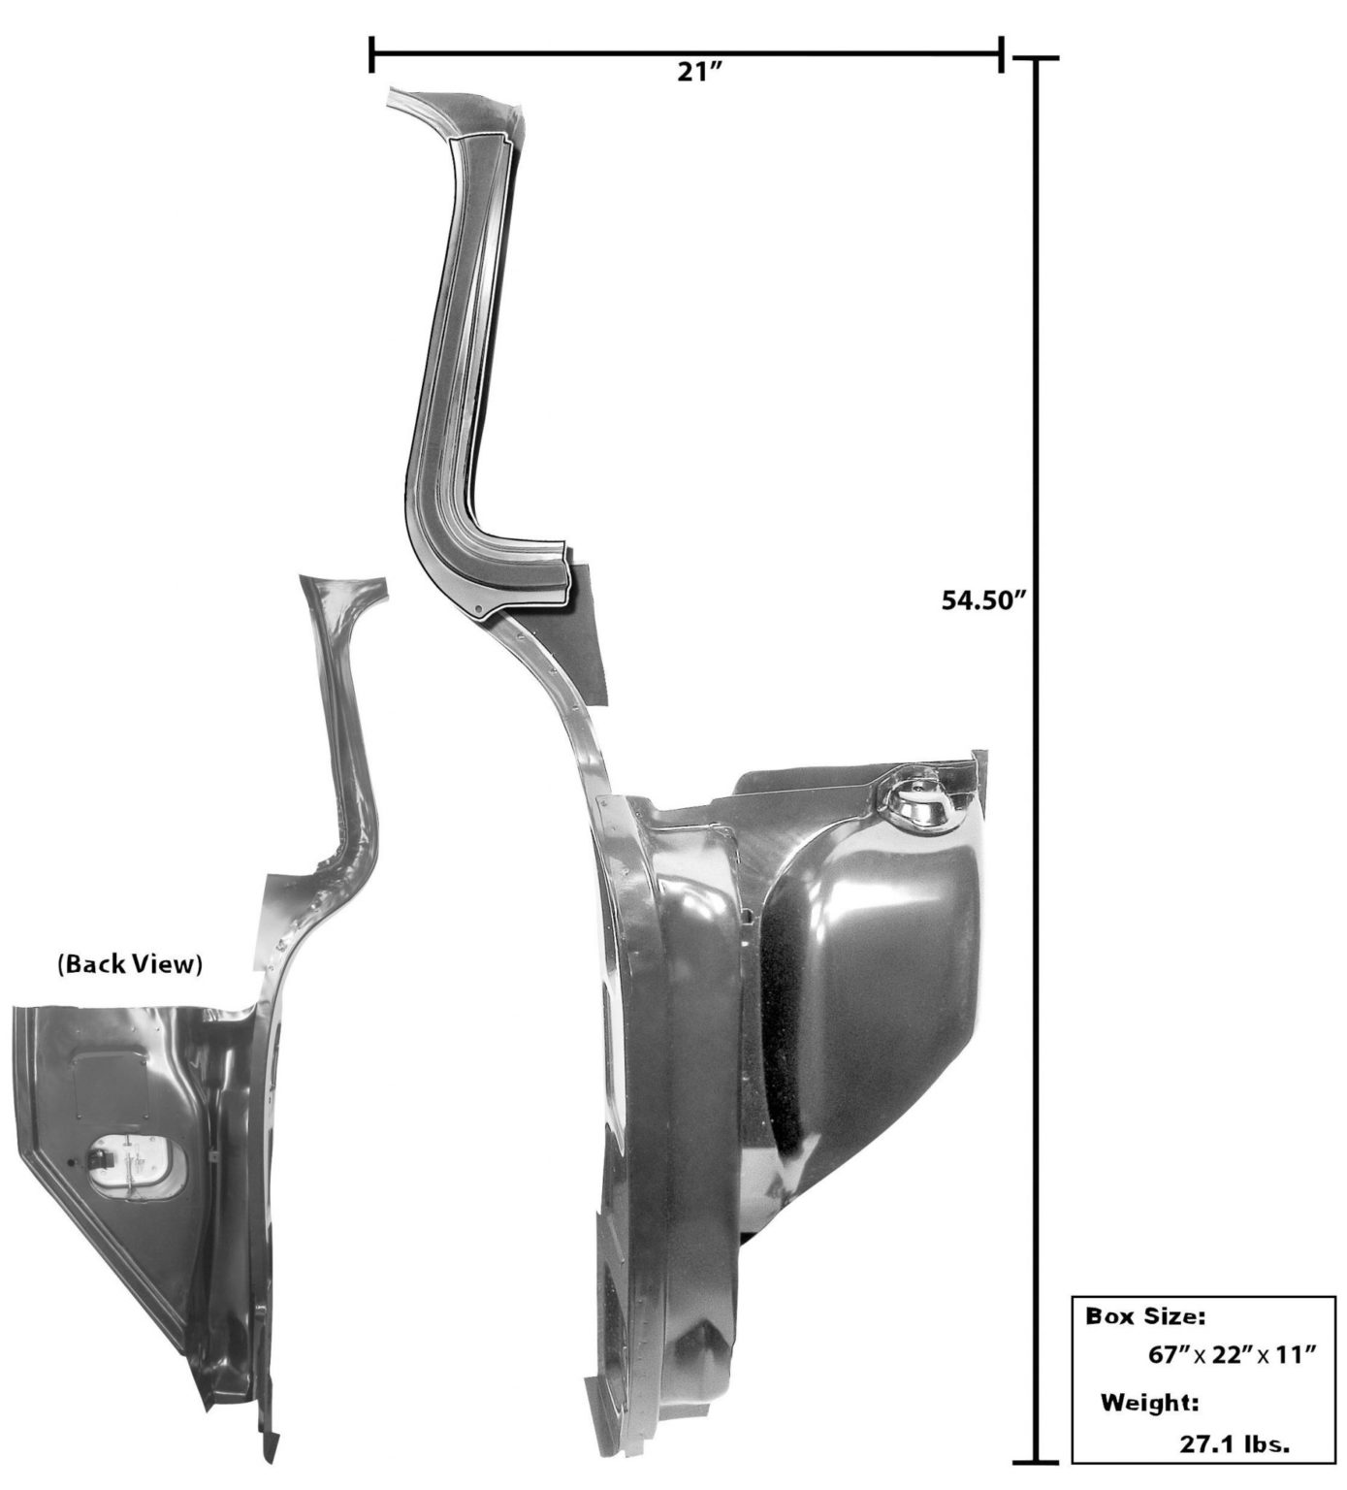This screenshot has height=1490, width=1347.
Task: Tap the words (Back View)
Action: pyautogui.click(x=130, y=965)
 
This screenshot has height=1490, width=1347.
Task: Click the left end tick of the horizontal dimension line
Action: pyautogui.click(x=371, y=54)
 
